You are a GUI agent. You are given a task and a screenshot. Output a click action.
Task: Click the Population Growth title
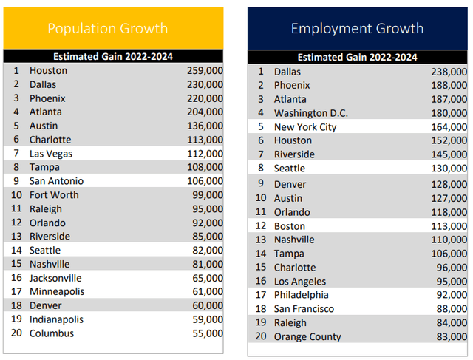[x=107, y=29]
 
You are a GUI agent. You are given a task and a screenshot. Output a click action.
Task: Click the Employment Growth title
[x=357, y=29]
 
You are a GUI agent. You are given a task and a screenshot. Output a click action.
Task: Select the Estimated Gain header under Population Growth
[x=113, y=56]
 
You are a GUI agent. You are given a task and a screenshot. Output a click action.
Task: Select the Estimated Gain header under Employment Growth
[x=357, y=57]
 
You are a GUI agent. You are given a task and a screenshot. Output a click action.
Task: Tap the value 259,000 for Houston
[x=205, y=71]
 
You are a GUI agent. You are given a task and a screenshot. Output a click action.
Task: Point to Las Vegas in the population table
[x=51, y=154]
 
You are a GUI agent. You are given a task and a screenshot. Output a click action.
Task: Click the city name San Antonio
[x=56, y=181]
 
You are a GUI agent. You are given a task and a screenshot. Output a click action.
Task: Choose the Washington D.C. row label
[x=310, y=113]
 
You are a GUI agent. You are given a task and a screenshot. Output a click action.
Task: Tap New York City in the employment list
[x=304, y=127]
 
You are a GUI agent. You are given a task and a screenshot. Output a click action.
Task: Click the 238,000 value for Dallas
[x=449, y=72]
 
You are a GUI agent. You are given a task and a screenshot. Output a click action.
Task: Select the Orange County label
[x=307, y=336]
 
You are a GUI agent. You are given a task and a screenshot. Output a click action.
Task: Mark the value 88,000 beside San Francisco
[x=452, y=309]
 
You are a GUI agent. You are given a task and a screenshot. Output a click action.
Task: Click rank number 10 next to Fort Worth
[x=16, y=195]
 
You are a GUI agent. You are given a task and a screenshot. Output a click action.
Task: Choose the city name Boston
[x=289, y=225]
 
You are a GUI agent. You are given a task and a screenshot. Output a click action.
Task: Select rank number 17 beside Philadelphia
[x=260, y=295]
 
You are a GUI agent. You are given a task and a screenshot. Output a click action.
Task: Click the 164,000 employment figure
[x=449, y=127]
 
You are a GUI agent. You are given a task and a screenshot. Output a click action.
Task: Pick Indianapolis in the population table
[x=56, y=319]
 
